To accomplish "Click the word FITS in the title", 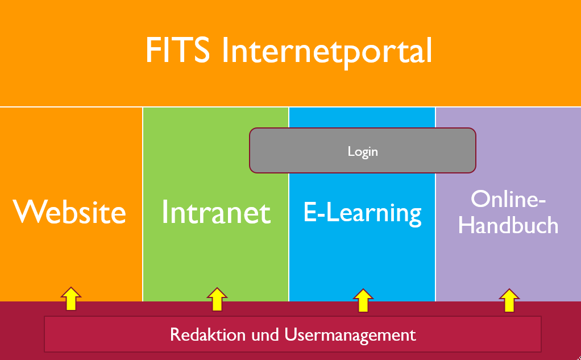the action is tap(177, 50).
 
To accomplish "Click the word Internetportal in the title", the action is tap(327, 51).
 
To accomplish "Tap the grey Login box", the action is tap(362, 151).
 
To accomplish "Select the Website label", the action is tap(70, 212).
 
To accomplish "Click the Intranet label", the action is tap(217, 212).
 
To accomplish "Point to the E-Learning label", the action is tap(362, 213).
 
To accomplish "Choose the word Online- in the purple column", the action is tap(508, 199).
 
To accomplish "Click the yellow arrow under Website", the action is tap(70, 299).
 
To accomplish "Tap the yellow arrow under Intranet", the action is tap(217, 299).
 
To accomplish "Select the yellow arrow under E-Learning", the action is tap(363, 300).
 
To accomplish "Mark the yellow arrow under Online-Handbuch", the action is tap(509, 300).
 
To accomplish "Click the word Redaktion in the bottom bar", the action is tap(208, 334).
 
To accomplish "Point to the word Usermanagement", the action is tap(350, 336).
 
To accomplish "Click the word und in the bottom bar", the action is tap(265, 335).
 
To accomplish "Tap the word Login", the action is tap(363, 152).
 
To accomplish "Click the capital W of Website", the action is tap(27, 212).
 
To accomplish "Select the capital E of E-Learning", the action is tap(310, 212).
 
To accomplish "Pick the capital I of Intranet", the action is tap(165, 212).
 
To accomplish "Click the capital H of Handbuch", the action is tap(466, 225).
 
